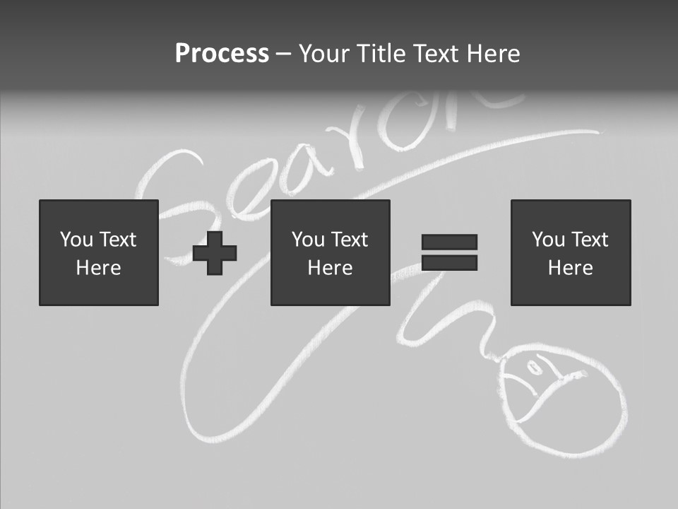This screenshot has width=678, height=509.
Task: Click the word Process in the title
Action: pyautogui.click(x=222, y=54)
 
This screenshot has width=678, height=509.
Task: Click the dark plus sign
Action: pyautogui.click(x=215, y=252)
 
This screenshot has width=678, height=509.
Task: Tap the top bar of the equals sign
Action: pyautogui.click(x=449, y=242)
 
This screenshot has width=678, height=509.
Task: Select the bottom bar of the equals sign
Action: pyautogui.click(x=449, y=263)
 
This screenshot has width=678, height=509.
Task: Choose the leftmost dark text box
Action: pyautogui.click(x=98, y=252)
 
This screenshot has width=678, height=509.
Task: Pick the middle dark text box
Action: pyautogui.click(x=330, y=252)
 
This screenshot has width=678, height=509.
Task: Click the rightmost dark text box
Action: pyautogui.click(x=570, y=252)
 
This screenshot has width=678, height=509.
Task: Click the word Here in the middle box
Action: pyautogui.click(x=330, y=268)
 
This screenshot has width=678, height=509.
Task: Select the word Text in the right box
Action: pyautogui.click(x=589, y=240)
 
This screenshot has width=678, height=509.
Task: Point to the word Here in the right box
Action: pyautogui.click(x=570, y=268)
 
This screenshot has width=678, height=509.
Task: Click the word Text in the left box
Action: pyautogui.click(x=117, y=240)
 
